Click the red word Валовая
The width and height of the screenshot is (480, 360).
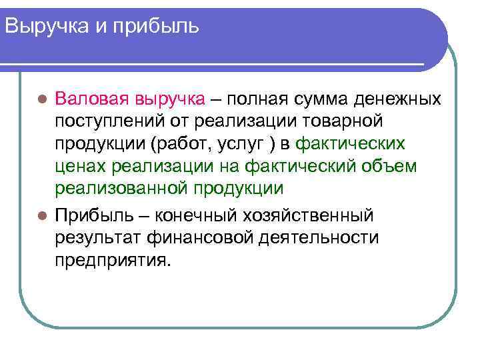(91, 99)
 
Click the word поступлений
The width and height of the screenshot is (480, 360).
(108, 123)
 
